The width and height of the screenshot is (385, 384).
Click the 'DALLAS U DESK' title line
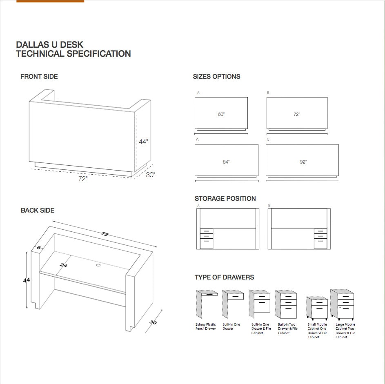coord(49,44)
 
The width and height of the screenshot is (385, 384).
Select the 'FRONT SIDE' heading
coord(39,76)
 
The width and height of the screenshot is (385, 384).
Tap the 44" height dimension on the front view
coord(143,142)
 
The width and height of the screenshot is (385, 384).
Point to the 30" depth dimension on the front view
coord(150,175)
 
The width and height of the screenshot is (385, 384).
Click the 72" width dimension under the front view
coord(83,179)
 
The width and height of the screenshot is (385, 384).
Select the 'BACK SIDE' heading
coord(38,210)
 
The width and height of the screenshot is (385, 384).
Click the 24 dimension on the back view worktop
coord(63,265)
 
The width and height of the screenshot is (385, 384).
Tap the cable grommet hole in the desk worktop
coord(98,265)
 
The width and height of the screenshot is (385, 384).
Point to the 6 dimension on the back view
coord(39,248)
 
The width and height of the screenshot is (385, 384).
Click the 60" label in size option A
coord(221,114)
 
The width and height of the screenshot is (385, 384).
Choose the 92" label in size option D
coord(303,162)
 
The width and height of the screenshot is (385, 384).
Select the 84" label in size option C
coord(226,162)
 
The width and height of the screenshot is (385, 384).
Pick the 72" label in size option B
coord(297,114)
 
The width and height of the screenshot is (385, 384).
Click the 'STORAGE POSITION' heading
coord(225,198)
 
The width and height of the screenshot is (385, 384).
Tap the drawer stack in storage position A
coord(207,239)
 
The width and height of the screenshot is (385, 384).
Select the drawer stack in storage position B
coord(320,239)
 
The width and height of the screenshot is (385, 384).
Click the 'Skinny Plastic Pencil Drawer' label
coord(205,326)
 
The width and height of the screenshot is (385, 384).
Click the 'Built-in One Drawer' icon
coord(232,304)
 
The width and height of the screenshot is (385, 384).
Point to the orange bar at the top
coord(50,1)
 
